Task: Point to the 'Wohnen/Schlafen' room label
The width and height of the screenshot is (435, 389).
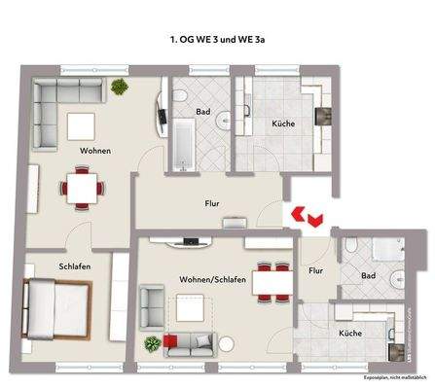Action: click(212, 280)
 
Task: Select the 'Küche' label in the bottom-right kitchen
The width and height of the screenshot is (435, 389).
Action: click(350, 333)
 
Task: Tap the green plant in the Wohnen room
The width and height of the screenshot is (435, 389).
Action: click(120, 88)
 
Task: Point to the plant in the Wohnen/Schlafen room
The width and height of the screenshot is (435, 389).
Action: click(151, 345)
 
